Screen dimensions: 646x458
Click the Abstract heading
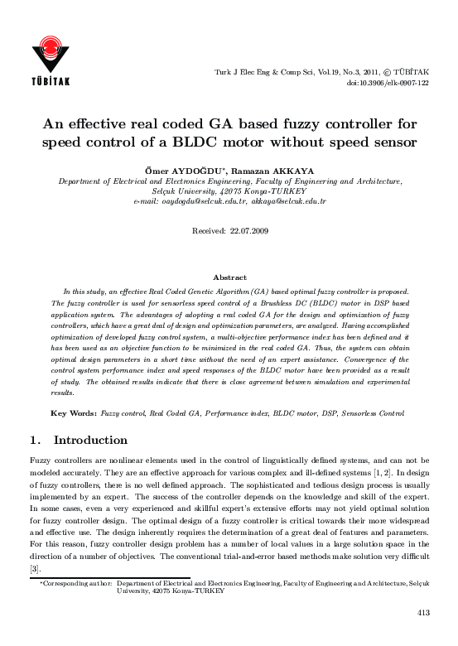pyautogui.click(x=229, y=277)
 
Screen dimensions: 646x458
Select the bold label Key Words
pyautogui.click(x=73, y=412)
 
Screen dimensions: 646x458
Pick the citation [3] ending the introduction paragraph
pyautogui.click(x=34, y=569)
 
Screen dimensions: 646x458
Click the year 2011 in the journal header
pyautogui.click(x=355, y=72)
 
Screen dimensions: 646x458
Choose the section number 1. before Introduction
pyautogui.click(x=35, y=437)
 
